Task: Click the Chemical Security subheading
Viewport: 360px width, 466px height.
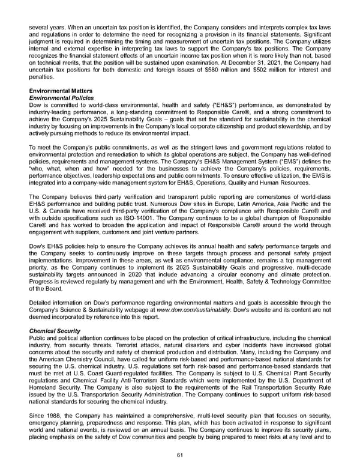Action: point(53,331)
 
